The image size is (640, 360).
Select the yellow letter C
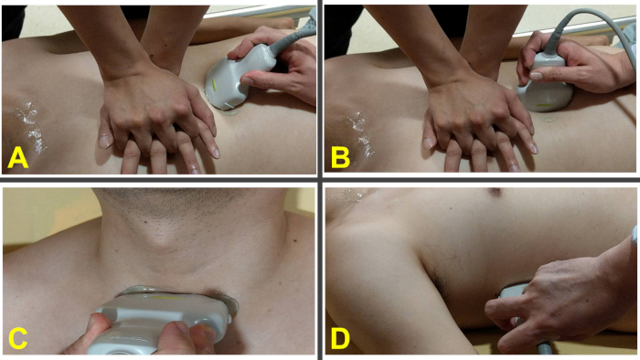coord(17,337)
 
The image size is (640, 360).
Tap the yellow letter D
coord(340,337)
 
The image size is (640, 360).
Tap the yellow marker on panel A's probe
coord(215,84)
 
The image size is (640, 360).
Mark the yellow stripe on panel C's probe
coord(165,298)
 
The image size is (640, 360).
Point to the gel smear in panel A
coord(27,126)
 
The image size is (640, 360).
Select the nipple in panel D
coord(496,192)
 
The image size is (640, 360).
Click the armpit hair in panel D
coord(439,277)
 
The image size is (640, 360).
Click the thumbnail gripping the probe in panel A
coord(246,81)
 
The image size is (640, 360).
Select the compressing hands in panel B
coord(477,122)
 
